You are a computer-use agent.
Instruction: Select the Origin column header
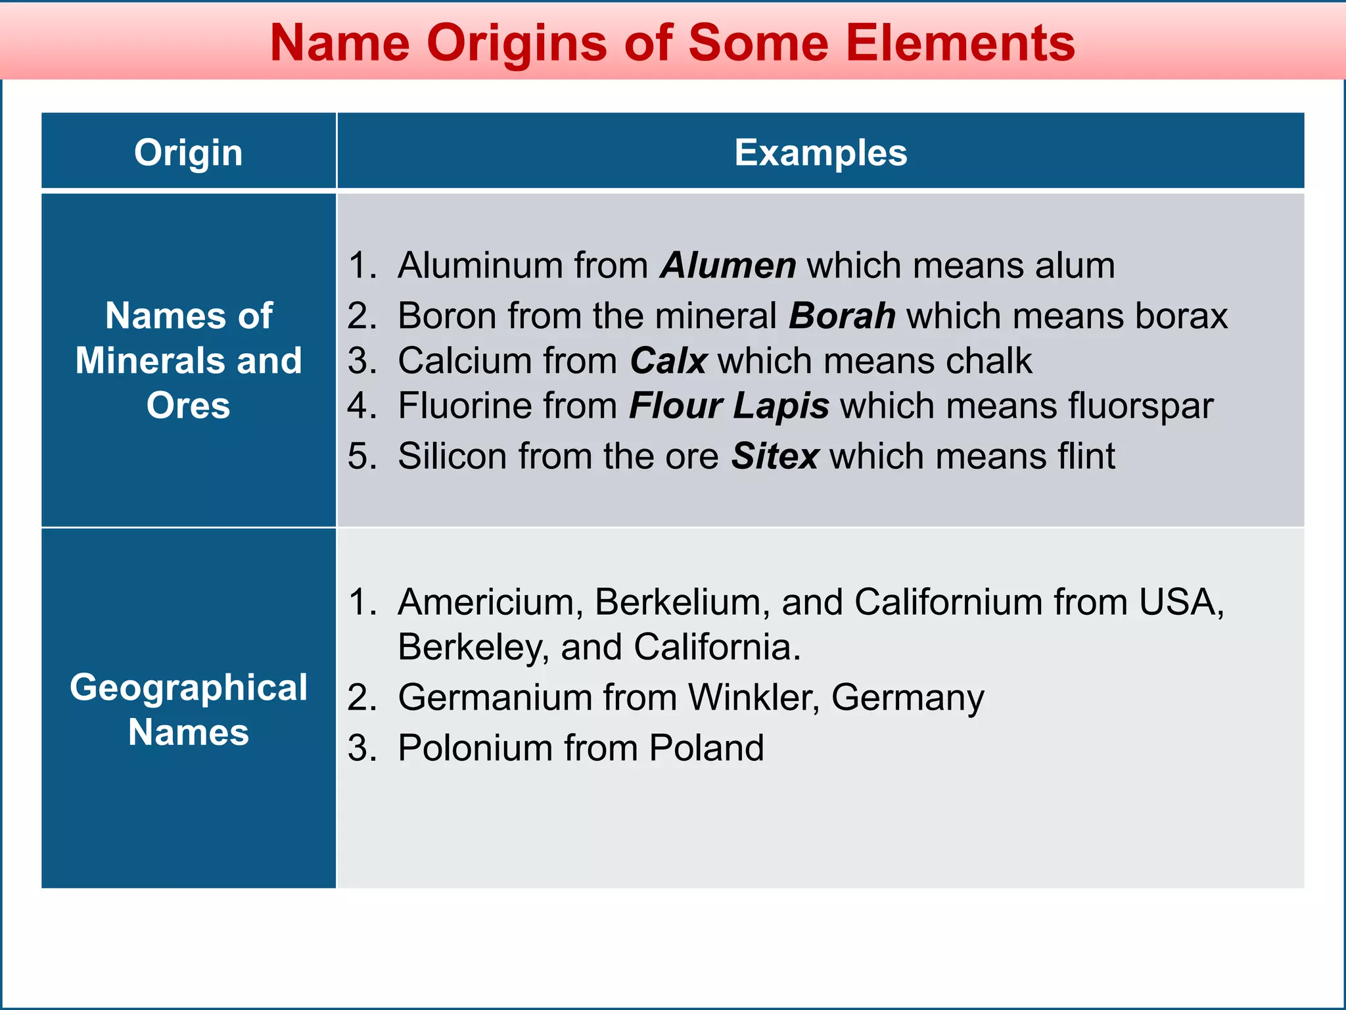[189, 153]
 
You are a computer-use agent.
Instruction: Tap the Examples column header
[820, 153]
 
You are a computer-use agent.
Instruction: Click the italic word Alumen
[728, 266]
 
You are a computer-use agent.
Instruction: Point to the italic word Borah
[842, 316]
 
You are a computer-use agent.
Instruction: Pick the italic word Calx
[668, 361]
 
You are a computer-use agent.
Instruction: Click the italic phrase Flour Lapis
[729, 406]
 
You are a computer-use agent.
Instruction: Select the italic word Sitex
[776, 456]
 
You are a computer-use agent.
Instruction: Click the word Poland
[707, 748]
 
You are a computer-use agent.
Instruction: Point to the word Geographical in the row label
[189, 688]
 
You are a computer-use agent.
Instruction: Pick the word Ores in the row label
[189, 405]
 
